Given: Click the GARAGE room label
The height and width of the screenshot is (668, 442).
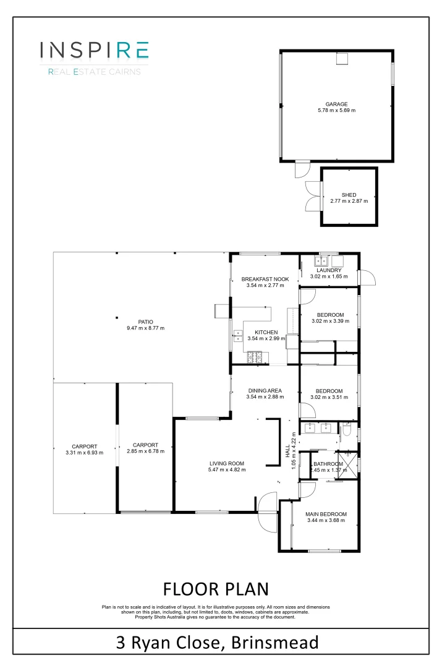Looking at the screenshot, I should [x=337, y=104].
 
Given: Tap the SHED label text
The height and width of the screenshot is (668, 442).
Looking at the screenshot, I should [x=349, y=194].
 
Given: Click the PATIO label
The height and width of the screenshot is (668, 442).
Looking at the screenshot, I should [x=145, y=322].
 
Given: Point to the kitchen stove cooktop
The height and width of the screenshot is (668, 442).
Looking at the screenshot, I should [x=255, y=357].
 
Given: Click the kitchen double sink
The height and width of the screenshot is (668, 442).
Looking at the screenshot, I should [x=237, y=336].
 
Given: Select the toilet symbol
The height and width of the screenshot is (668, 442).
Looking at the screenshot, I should [x=347, y=429].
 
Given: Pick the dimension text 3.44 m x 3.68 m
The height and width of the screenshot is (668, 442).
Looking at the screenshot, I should [x=326, y=521].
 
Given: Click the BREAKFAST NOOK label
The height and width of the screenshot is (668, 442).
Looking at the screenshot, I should [x=265, y=279].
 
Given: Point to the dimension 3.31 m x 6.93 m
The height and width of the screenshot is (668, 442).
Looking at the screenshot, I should [x=83, y=452].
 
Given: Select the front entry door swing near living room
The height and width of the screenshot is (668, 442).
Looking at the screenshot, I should [x=267, y=512].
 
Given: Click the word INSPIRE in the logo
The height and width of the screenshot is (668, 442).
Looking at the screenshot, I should [x=94, y=50].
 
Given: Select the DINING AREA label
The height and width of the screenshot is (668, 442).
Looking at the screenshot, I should [x=265, y=390].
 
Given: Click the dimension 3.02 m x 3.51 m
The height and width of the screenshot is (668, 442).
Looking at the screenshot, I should [x=329, y=397].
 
